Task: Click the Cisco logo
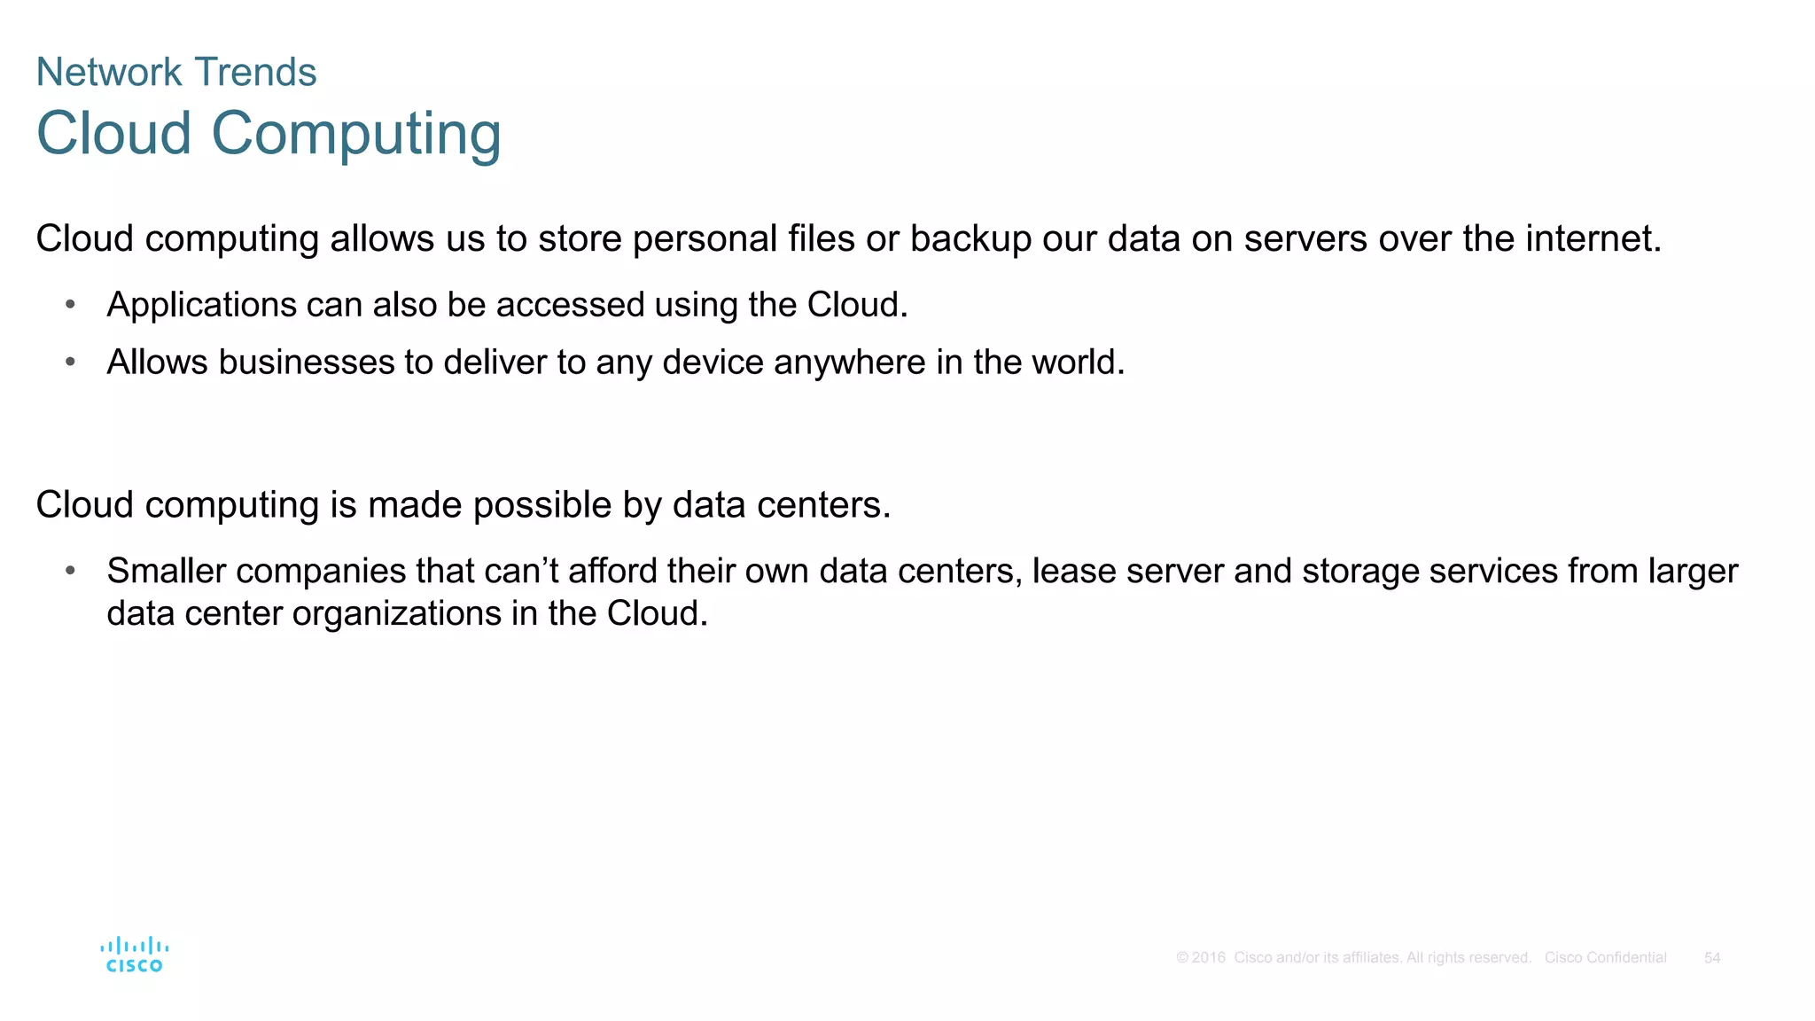[x=135, y=955]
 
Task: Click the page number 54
[x=1712, y=958]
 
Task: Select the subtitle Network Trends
[x=176, y=72]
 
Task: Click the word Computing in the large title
[x=356, y=133]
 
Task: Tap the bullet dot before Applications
[x=71, y=305]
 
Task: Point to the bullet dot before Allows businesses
[x=71, y=362]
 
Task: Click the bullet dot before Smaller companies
[x=71, y=572]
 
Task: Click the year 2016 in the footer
[x=1209, y=958]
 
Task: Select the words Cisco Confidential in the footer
[x=1605, y=958]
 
